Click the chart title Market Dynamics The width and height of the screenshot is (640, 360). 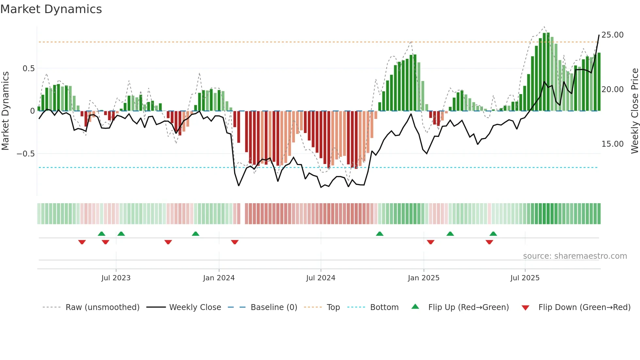coord(51,9)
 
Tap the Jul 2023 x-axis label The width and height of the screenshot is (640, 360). coord(116,278)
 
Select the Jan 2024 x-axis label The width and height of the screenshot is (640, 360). coord(219,278)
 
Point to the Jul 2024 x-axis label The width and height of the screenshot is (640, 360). coord(321,278)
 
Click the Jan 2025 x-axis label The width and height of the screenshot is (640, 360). coord(424,278)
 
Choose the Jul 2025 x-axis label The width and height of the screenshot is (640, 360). coord(525,278)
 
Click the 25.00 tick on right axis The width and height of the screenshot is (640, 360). coord(612,35)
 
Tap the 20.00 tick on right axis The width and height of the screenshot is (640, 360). coord(612,90)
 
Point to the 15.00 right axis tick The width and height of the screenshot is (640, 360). coord(612,144)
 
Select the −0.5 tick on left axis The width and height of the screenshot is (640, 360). coord(26,154)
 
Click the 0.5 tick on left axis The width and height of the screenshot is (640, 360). coord(28,69)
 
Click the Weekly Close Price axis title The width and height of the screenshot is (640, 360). coord(634,111)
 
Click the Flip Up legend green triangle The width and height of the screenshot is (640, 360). coord(415,306)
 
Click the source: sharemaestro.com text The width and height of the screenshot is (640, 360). coord(575,256)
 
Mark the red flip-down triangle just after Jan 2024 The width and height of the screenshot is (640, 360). coord(235,242)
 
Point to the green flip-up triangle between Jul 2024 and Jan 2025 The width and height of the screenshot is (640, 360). coord(379,234)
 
